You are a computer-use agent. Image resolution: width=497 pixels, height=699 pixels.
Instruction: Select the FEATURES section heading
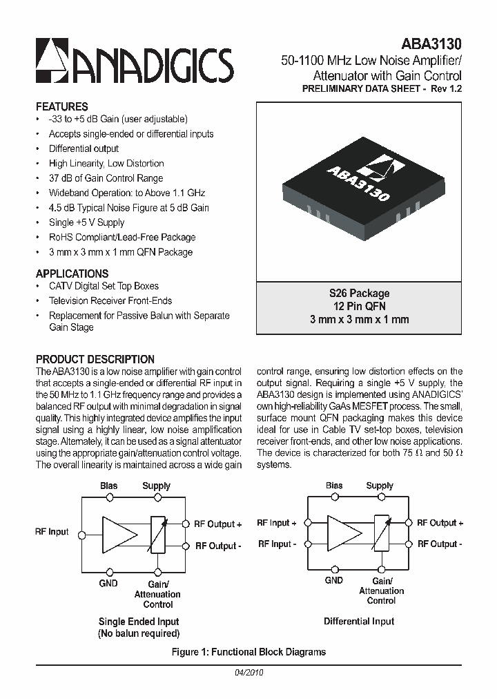(61, 106)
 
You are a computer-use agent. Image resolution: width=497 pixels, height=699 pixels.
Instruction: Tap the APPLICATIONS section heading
(72, 274)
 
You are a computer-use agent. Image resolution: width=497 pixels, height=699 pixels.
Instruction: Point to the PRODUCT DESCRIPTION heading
(95, 359)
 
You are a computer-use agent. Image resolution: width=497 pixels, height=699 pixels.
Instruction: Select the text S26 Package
(359, 294)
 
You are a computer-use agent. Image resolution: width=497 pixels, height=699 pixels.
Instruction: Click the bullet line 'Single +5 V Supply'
(86, 222)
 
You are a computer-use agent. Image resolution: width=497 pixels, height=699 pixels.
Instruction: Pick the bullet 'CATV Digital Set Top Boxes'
(104, 286)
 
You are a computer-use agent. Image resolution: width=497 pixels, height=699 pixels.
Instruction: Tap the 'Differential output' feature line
(84, 149)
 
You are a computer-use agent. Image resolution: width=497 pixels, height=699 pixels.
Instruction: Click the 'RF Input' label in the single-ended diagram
(52, 532)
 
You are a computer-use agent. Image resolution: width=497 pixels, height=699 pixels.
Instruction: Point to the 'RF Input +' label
(276, 523)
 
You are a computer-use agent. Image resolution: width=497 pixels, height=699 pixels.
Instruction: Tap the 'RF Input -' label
(276, 544)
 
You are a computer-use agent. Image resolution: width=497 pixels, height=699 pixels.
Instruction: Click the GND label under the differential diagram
(334, 580)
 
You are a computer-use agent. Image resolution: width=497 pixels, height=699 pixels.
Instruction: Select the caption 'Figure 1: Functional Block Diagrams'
(248, 651)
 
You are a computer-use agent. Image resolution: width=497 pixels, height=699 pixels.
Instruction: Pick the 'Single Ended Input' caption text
(139, 622)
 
